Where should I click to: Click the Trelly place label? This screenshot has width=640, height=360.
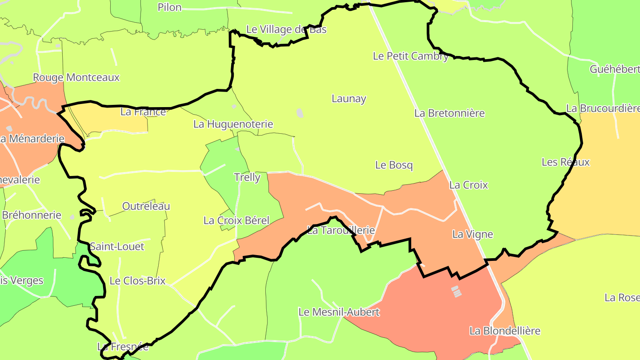tap(247, 177)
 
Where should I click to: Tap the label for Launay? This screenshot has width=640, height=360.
tap(349, 99)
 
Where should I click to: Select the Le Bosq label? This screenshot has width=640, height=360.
tap(394, 165)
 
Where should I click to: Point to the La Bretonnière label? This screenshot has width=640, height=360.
tap(449, 113)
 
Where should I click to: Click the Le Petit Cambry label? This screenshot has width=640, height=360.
tap(410, 56)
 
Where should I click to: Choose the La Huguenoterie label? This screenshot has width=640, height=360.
tap(233, 124)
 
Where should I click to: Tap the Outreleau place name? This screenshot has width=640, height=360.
tap(146, 206)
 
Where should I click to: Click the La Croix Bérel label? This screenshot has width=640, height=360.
tap(236, 220)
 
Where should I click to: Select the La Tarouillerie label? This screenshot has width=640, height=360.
tap(341, 231)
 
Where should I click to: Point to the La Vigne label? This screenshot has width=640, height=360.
tap(472, 234)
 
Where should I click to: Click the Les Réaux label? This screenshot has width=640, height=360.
tap(565, 162)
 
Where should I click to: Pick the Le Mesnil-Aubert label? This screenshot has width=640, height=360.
tap(339, 312)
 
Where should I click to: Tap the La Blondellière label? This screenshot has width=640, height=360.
tap(505, 331)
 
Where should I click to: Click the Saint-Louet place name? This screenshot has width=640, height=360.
tap(117, 246)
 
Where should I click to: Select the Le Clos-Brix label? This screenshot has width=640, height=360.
tap(137, 281)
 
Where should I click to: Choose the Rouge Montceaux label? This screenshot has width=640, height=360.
tap(76, 77)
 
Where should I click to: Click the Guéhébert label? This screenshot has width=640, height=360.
tap(615, 69)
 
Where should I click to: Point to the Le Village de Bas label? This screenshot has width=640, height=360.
tap(286, 29)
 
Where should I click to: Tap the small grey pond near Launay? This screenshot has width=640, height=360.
tap(300, 113)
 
